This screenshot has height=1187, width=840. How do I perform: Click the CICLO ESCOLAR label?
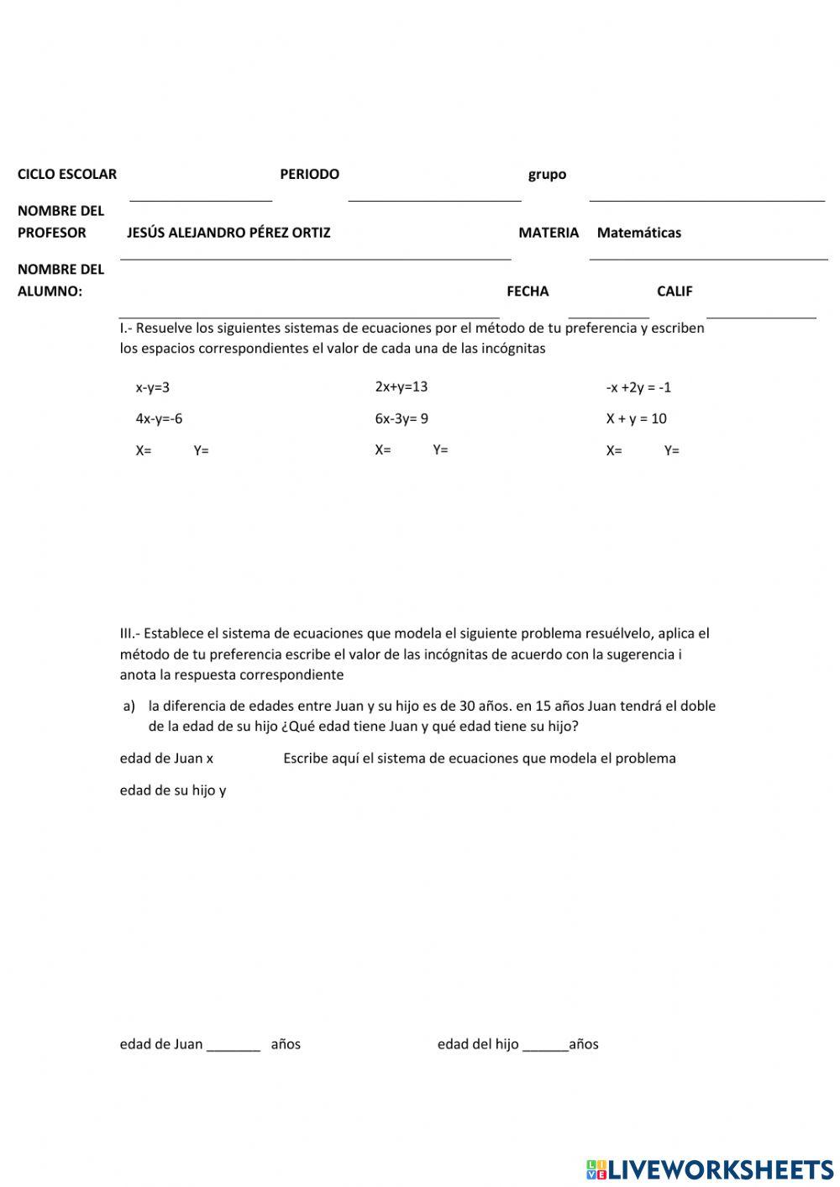point(67,174)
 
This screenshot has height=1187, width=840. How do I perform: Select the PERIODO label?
point(309,174)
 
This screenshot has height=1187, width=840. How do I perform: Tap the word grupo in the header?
point(547,175)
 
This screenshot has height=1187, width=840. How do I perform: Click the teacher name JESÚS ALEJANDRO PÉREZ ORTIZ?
point(228,233)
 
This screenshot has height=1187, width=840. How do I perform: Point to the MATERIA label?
point(549,233)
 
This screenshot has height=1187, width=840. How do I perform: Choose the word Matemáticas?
point(638,233)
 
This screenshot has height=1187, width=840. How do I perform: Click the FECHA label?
point(528,291)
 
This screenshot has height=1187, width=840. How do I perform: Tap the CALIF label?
point(675,291)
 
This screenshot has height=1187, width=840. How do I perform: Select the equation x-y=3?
point(153,387)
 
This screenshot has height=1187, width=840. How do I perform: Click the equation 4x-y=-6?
point(159,418)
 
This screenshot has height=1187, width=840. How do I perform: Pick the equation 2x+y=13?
point(401,386)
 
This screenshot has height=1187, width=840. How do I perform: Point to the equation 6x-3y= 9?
point(401,418)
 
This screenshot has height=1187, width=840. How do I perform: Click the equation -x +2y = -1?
point(638,387)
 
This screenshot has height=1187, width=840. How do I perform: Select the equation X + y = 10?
point(636,418)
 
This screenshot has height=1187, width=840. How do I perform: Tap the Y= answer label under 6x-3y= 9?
point(440,450)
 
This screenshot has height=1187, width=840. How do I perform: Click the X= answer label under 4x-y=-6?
point(144,450)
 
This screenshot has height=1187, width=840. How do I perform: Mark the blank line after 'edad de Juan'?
point(234,1047)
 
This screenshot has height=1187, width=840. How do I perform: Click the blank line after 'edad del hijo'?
point(545,1047)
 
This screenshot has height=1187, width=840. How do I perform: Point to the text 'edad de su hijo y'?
point(173,790)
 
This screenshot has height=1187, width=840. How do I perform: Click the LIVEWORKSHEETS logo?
point(710,1169)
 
